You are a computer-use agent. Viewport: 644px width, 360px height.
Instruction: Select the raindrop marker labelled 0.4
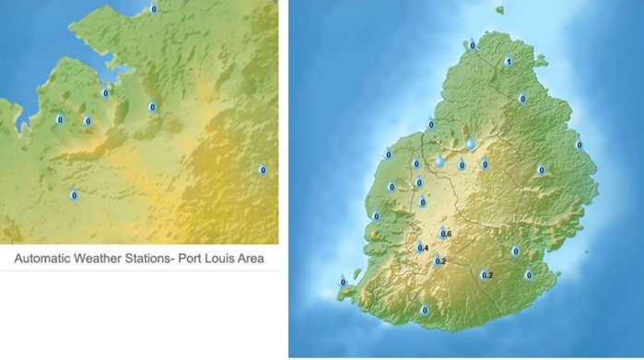pyautogui.click(x=422, y=247)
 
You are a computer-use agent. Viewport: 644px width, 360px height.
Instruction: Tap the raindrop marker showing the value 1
pyautogui.click(x=509, y=62)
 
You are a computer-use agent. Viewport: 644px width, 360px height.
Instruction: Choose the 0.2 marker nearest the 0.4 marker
pyautogui.click(x=439, y=261)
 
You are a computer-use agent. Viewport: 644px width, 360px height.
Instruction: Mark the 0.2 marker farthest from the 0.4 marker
pyautogui.click(x=486, y=274)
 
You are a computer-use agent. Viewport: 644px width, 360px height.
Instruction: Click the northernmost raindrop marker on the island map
pyautogui.click(x=473, y=44)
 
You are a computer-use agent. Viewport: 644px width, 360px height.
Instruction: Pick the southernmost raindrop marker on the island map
pyautogui.click(x=425, y=310)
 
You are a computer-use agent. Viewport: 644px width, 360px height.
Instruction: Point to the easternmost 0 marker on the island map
pyautogui.click(x=580, y=145)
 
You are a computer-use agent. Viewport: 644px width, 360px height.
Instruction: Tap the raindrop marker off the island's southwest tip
pyautogui.click(x=343, y=282)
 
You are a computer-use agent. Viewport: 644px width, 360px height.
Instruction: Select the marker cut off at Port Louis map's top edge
pyautogui.click(x=153, y=8)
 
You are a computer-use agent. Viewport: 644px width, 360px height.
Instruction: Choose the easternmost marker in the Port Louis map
pyautogui.click(x=262, y=169)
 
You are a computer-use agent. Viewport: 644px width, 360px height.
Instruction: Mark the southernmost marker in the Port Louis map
pyautogui.click(x=74, y=195)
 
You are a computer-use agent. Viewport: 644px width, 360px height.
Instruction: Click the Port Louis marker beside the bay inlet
pyautogui.click(x=105, y=92)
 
